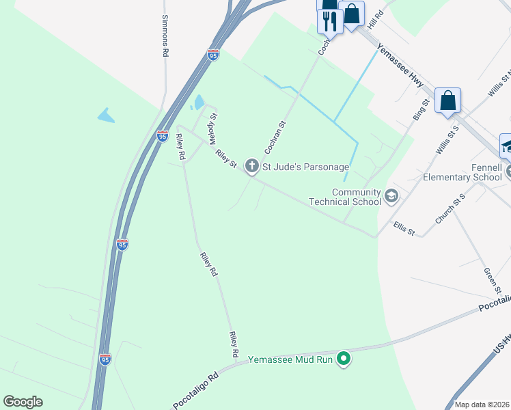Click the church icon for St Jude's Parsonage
point(251,165)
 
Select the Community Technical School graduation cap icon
point(391,197)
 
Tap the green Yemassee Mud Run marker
point(344,358)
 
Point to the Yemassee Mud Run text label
point(292,359)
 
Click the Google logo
point(23,402)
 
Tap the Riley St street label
point(225,159)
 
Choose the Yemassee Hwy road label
point(400,72)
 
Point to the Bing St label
point(421,111)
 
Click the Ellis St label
point(404,228)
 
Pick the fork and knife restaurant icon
point(330,21)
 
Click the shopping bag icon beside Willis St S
point(447,100)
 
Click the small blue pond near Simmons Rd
point(105,115)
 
